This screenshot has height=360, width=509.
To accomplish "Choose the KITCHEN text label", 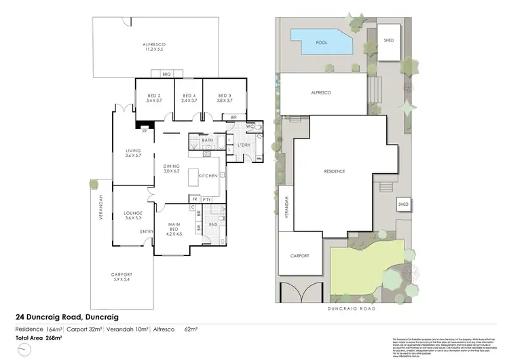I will click(208, 176).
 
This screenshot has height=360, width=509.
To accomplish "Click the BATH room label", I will click(208, 141).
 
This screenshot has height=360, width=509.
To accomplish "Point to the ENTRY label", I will click(146, 232).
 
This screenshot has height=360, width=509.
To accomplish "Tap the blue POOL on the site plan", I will click(321, 41).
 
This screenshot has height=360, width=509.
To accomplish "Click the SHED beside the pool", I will click(389, 39).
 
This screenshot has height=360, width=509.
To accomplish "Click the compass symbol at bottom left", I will click(25, 349).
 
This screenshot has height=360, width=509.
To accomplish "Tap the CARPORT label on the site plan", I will click(300, 255).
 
